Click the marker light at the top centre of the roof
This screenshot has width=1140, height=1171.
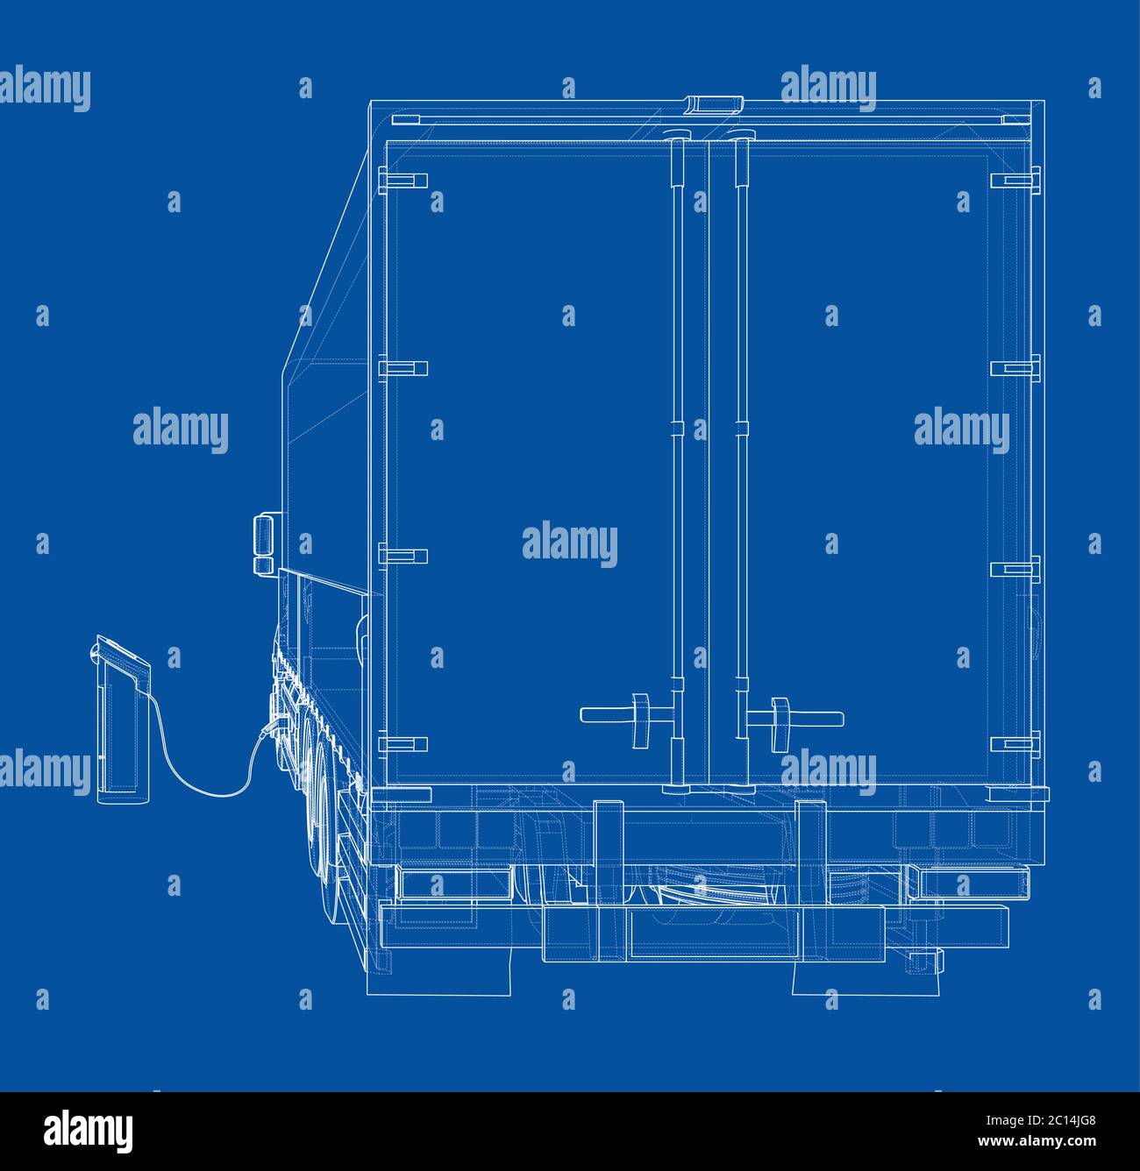pos(713,103)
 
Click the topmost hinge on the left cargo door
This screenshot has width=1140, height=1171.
pos(403,180)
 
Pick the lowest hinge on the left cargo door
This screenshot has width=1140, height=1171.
pos(403,744)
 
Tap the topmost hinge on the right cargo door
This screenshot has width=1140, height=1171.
pos(1015,180)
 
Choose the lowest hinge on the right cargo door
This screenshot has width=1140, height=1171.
pos(1015,744)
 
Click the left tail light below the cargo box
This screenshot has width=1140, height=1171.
pos(454,884)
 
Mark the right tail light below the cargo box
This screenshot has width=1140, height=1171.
pos(969,883)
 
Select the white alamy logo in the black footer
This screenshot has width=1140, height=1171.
pos(88,1132)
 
